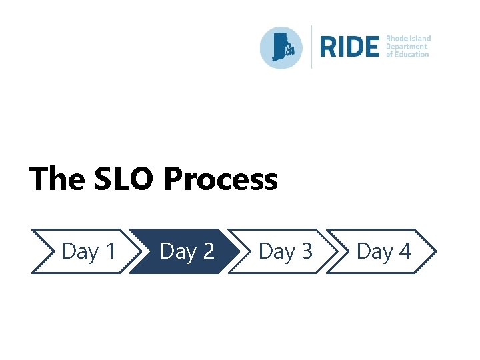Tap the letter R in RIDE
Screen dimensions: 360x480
[x=329, y=47]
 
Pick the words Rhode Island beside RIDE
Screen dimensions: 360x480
[x=409, y=39]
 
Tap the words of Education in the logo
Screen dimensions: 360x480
[x=407, y=54]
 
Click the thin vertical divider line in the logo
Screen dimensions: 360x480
[x=312, y=47]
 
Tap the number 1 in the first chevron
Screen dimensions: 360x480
[x=109, y=251]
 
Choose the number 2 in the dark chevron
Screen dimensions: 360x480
[x=207, y=251]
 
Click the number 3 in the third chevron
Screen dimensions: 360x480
[x=305, y=251]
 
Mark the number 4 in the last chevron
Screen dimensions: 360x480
[x=404, y=251]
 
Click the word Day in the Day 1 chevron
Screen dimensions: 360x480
[x=79, y=252]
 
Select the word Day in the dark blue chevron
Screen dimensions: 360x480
[x=177, y=252]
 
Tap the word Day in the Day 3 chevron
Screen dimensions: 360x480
[x=276, y=252]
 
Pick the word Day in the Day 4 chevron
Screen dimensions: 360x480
[x=374, y=252]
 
